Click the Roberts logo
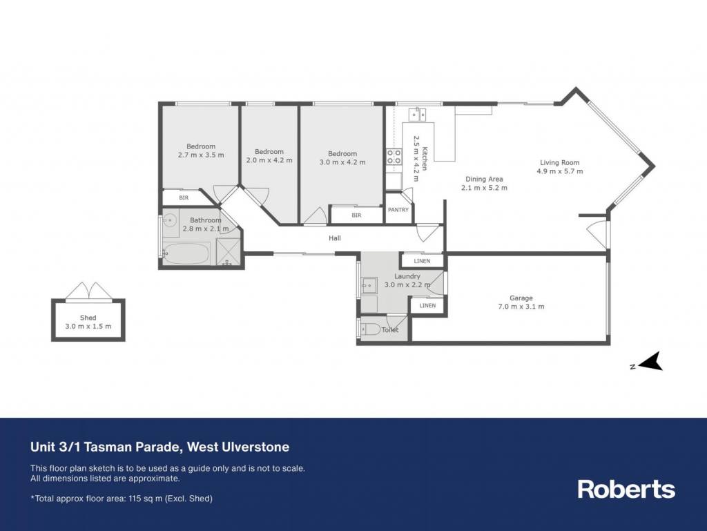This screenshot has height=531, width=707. point(626,489)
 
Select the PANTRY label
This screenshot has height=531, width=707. point(398,210)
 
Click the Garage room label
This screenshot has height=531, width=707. point(521,298)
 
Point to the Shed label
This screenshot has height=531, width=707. point(88,318)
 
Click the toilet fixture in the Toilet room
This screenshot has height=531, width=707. point(370,329)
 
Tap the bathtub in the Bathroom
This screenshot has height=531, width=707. point(186,254)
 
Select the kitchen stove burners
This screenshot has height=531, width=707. point(394,157)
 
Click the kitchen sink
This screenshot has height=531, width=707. point(418,115)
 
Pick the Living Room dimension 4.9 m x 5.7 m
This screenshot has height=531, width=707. point(559,171)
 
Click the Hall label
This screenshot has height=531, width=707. point(335,238)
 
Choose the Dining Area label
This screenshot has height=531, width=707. point(484,179)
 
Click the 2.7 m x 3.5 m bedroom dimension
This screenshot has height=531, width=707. point(201,155)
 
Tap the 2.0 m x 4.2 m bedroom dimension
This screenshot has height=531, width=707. point(269,160)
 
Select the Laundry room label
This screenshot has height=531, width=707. point(407,276)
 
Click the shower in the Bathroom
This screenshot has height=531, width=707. point(229,251)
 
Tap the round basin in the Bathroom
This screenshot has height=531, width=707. point(170,220)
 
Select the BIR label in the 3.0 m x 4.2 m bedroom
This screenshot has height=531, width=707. point(356,215)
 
